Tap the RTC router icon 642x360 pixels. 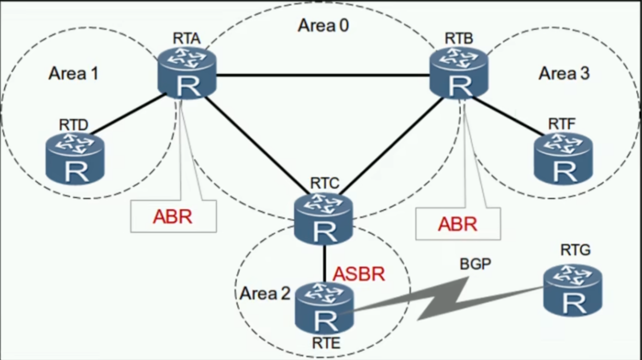point(324,219)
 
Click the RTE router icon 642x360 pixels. point(325,308)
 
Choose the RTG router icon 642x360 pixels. point(573,290)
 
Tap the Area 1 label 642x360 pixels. point(74,73)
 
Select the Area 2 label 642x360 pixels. point(265,294)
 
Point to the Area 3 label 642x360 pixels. point(564,73)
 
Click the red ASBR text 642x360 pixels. point(359,274)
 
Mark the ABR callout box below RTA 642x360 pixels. point(173,216)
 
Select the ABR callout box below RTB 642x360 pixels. point(458,224)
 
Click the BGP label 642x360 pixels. point(475,264)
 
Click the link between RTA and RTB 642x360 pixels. point(323,75)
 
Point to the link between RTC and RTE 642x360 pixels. point(325,263)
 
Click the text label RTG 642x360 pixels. point(575,251)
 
